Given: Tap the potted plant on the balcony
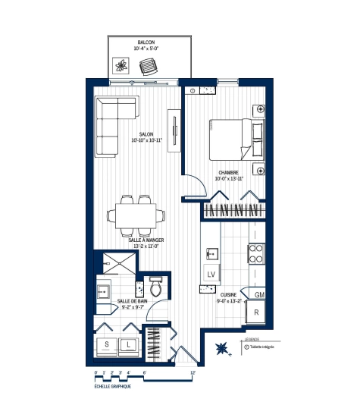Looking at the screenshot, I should click(x=119, y=66).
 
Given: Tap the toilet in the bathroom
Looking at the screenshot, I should click(x=156, y=288).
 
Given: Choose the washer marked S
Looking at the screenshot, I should click(x=107, y=344).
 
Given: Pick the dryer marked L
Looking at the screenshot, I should click(x=128, y=344).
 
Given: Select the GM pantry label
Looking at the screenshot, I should click(x=258, y=294).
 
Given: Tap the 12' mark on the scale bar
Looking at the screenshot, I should click(x=193, y=373).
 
